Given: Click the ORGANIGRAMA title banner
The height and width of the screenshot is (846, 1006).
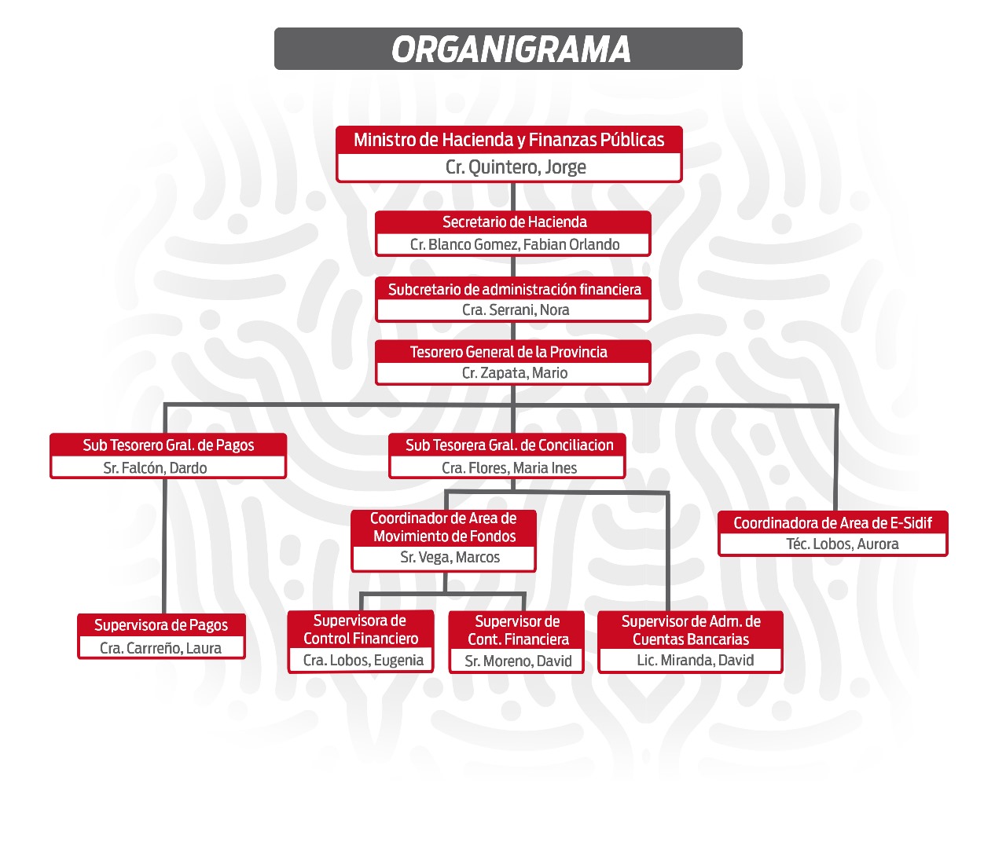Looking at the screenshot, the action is point(509,49).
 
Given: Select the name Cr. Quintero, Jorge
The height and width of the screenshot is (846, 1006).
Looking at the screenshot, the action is point(516,167).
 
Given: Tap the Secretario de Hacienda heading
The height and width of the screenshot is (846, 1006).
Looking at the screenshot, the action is point(515,222).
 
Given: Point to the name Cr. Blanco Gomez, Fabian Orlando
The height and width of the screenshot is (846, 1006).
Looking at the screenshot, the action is point(515,244).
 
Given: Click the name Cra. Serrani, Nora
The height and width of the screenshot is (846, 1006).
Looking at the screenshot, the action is point(516,309).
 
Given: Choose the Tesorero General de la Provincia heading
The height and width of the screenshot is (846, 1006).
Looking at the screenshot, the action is point(509,352).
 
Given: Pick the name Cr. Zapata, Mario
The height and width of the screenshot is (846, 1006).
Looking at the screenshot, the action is point(515,372).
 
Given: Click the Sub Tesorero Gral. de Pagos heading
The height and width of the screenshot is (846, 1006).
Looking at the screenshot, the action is point(168,445).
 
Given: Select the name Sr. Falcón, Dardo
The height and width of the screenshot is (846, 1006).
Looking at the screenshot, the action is point(155,468).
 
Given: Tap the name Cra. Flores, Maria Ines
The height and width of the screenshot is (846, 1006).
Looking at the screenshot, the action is point(509,468).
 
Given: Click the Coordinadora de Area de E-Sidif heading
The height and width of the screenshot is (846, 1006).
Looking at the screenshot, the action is point(832,523).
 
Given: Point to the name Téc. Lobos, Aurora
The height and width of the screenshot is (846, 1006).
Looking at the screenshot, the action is point(843,544).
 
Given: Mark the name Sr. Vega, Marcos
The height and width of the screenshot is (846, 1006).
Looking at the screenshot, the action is point(450,557).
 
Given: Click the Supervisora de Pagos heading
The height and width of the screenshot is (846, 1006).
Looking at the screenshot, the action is point(161,625).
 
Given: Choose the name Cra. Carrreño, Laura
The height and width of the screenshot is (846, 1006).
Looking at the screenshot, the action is point(160,648).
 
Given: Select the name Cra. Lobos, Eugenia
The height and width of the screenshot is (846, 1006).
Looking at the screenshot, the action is point(363,660).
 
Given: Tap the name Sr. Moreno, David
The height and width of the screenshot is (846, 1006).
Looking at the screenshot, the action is point(518,661).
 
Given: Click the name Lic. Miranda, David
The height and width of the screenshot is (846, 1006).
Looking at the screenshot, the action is point(696,660).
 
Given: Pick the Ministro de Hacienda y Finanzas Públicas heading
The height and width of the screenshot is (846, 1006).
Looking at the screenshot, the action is point(509,140).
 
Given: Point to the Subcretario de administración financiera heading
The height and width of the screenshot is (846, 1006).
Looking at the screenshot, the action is point(515,289).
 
